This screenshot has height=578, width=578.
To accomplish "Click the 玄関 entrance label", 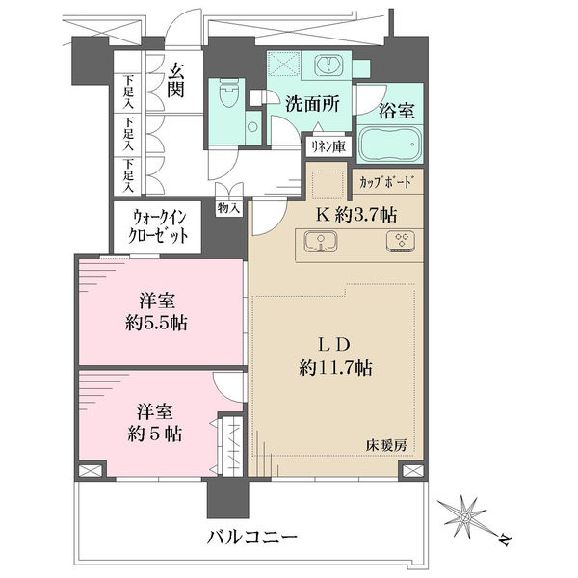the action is coord(175,81).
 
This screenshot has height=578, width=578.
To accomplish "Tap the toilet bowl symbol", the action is coord(226,93).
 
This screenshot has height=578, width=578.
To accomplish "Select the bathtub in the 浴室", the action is coord(389,144).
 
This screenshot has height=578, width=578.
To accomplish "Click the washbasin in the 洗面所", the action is coord(328,66).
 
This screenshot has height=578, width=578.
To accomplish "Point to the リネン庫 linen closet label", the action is coord(328,146).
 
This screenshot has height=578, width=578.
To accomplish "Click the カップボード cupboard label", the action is coord(384,182).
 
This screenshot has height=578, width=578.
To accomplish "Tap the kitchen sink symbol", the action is coord(321,242).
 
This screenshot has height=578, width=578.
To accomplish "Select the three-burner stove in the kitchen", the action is coord(401,241).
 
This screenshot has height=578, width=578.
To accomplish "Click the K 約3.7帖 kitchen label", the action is coord(356,215).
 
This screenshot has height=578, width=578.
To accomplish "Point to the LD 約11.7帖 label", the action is coord(335,356).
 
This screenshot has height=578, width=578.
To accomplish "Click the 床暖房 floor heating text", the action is coord(386,446).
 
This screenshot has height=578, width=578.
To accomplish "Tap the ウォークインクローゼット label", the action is coord(158,226).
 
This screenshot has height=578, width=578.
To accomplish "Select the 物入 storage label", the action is coord(229,209).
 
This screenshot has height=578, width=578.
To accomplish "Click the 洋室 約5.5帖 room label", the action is coord(156,312).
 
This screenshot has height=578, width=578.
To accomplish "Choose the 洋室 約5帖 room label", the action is coord(155,423).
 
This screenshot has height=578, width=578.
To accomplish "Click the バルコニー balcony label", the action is coord(252,538).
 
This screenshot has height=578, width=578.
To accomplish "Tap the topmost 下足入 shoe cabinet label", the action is coord(128,92).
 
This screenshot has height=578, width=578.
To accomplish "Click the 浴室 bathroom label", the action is coord(397,110).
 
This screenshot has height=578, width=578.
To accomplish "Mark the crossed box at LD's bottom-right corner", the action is coord(413,471).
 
